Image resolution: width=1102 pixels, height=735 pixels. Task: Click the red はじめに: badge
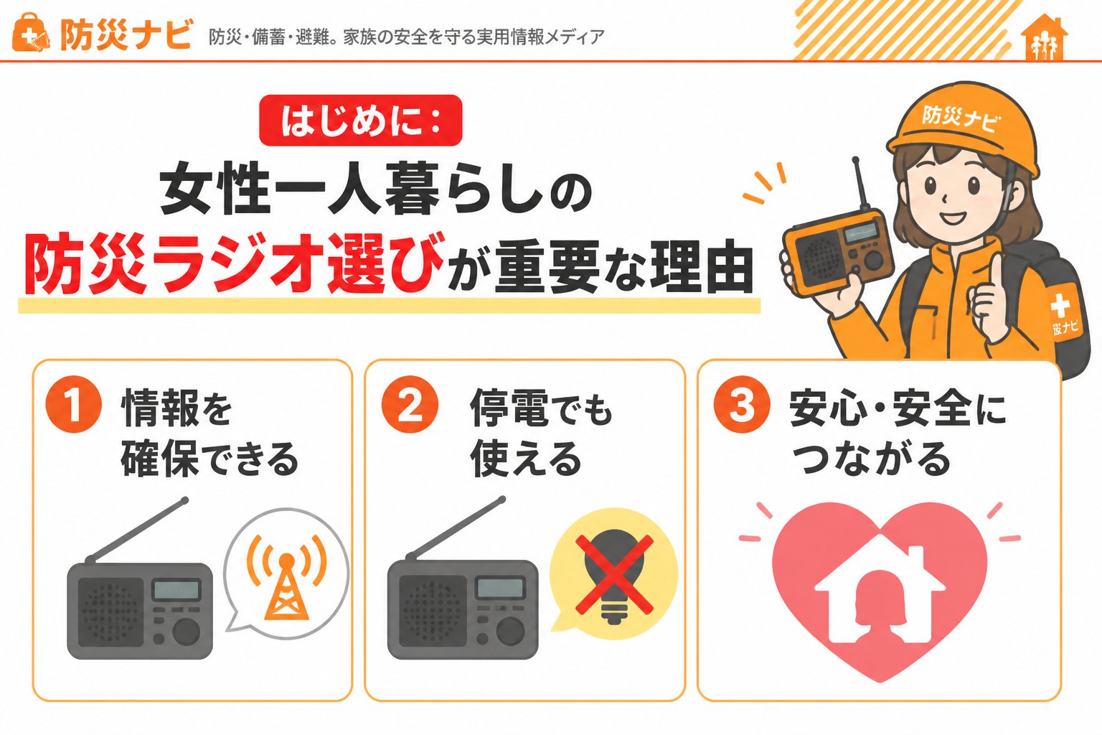click(x=361, y=121)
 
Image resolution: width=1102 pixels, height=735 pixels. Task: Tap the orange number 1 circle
click(x=73, y=404)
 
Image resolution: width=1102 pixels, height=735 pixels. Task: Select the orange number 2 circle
click(x=410, y=404)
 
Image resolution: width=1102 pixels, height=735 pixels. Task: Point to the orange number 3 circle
click(x=742, y=404)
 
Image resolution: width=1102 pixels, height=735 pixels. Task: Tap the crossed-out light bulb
click(x=614, y=575)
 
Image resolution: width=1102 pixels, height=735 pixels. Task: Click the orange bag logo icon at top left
click(x=31, y=33)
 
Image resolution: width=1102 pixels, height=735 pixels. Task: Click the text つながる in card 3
click(x=871, y=458)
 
